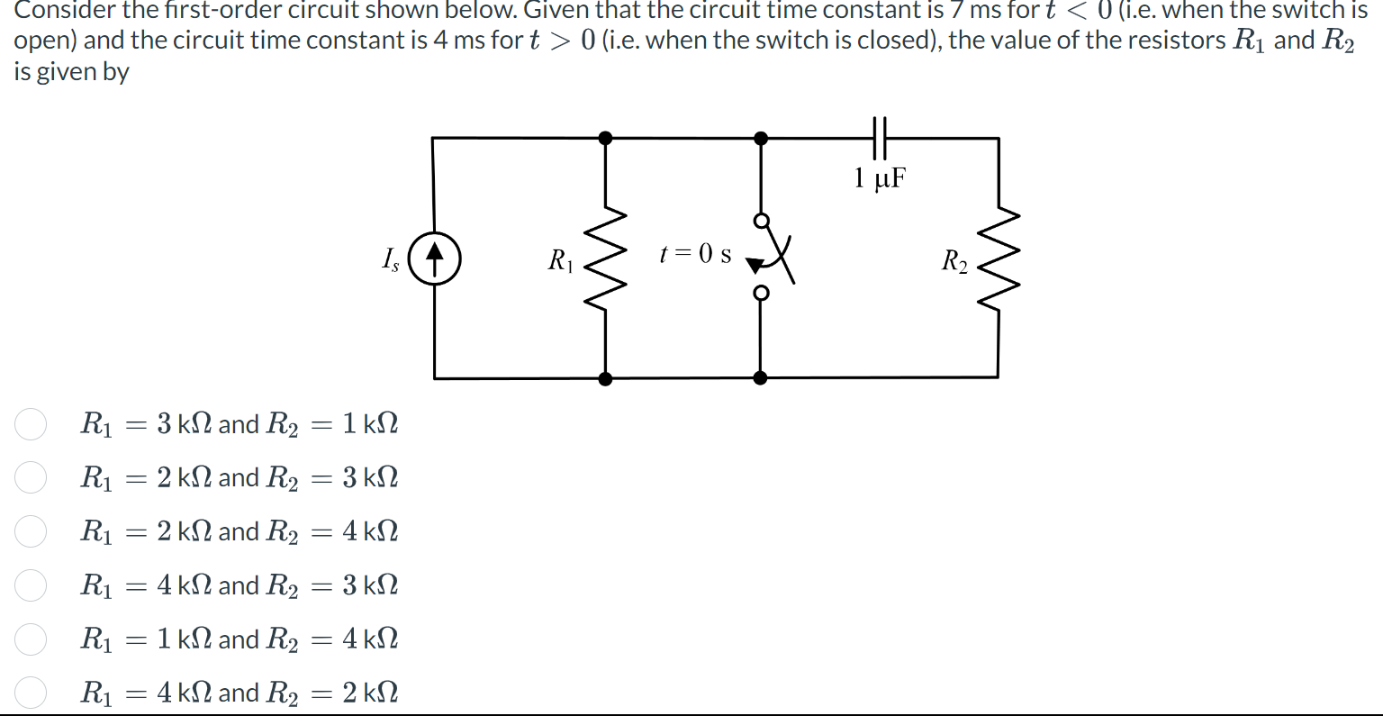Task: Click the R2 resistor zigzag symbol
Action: click(x=998, y=259)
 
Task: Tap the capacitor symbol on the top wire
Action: click(x=880, y=138)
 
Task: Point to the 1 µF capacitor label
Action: click(x=880, y=177)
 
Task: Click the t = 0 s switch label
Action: click(x=695, y=254)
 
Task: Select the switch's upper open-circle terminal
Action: click(x=761, y=221)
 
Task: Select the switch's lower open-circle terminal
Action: click(x=761, y=293)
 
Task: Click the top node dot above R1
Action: click(x=605, y=138)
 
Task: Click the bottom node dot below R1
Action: click(x=605, y=378)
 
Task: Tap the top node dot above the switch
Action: click(x=761, y=138)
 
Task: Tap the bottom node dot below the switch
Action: click(x=761, y=378)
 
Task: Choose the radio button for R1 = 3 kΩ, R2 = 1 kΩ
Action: click(x=31, y=423)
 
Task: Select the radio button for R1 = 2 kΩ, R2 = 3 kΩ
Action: click(x=31, y=477)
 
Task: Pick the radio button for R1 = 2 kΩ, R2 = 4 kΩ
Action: click(x=31, y=531)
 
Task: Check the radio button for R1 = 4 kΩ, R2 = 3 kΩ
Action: click(x=31, y=585)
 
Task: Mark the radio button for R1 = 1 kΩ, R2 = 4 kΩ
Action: click(x=31, y=639)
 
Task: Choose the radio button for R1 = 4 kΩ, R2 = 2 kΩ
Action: click(x=31, y=693)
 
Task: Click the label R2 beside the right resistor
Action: click(x=954, y=261)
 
